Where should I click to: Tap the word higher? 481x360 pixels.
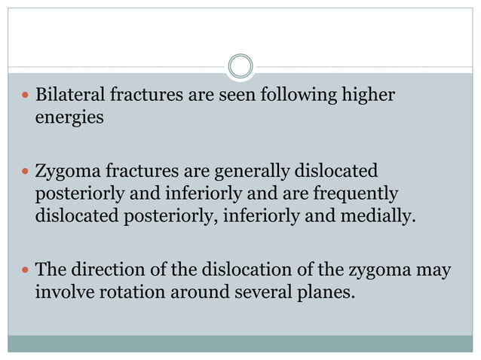point(367,97)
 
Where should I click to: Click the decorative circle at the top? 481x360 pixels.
point(240,66)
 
